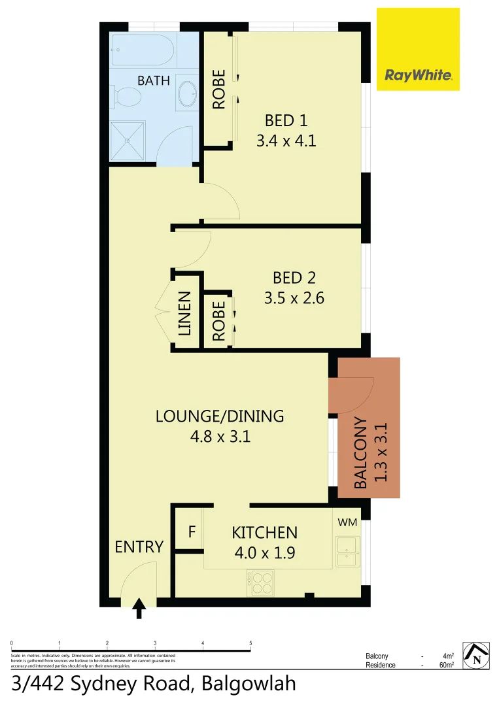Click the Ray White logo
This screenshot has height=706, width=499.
(418, 75)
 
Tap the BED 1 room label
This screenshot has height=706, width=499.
(286, 120)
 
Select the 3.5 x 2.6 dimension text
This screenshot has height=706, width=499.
(294, 298)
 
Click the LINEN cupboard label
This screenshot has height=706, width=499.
(185, 314)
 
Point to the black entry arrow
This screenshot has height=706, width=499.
(139, 609)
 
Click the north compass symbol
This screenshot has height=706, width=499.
(478, 656)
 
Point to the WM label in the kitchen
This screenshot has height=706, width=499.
(347, 522)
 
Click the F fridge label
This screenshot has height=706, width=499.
(192, 531)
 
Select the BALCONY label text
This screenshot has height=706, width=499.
(360, 453)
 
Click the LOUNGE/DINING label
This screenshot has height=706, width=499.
(220, 416)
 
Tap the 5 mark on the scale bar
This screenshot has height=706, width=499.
(250, 644)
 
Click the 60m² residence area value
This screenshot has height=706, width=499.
(447, 665)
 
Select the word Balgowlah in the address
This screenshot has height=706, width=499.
(249, 684)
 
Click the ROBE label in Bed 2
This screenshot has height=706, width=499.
(218, 321)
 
